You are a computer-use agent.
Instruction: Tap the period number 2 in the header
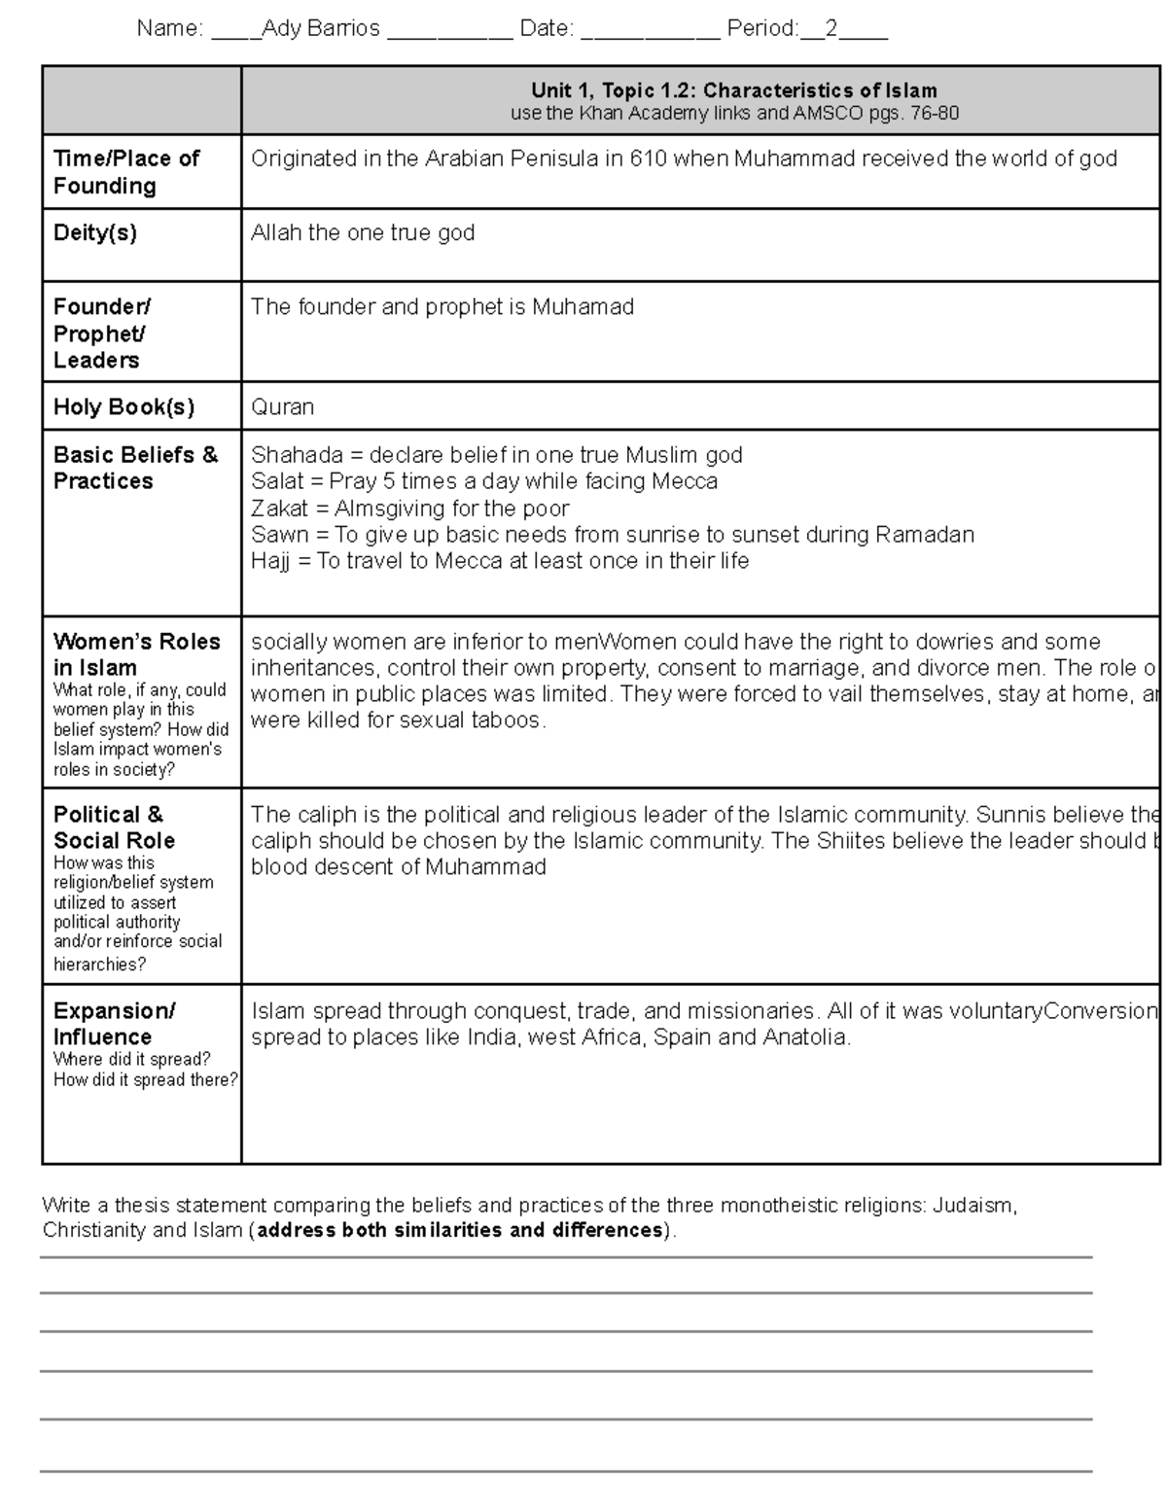tap(831, 29)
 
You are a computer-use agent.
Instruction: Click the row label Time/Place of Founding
tap(126, 172)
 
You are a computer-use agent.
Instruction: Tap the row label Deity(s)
tap(95, 233)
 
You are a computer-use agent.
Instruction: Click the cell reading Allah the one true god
tap(363, 233)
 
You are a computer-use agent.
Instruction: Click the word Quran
tap(282, 407)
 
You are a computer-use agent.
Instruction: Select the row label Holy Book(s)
tap(124, 407)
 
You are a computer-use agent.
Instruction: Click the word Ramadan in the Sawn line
tap(924, 535)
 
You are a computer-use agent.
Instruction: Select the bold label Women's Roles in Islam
tap(136, 654)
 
